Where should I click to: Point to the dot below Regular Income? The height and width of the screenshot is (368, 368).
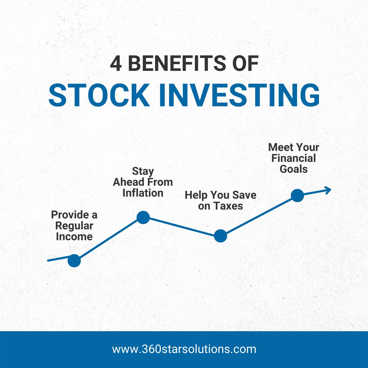[x=74, y=261]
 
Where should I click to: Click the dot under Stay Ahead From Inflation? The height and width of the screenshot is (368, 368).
[x=143, y=217]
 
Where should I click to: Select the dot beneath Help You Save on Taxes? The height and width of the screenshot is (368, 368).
[x=220, y=236]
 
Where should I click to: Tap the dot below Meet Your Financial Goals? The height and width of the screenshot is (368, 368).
[x=297, y=196]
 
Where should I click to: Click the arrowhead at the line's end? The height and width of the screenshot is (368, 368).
[x=327, y=190]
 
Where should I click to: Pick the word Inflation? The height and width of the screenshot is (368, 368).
[x=143, y=193]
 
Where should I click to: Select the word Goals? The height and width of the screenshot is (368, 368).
[x=294, y=169]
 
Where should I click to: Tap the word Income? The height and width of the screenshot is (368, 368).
[x=74, y=236]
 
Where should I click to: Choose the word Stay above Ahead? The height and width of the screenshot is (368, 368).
[x=143, y=171]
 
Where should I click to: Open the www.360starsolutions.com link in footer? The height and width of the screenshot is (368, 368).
[x=184, y=349]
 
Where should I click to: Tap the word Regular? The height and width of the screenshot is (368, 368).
[x=74, y=226]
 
